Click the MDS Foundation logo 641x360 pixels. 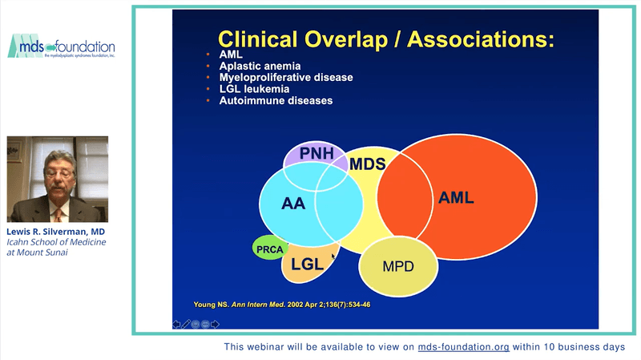[x=61, y=47]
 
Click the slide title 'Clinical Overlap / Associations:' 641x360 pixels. [x=386, y=39]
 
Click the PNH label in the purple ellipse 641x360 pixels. [x=315, y=152]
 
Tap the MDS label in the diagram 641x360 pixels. [x=368, y=164]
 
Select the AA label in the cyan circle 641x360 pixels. [x=293, y=204]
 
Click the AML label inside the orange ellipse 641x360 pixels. [x=456, y=197]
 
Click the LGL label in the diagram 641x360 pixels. [x=307, y=264]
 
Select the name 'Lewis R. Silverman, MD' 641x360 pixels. [x=56, y=231]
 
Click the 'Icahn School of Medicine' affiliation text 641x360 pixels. [x=56, y=242]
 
